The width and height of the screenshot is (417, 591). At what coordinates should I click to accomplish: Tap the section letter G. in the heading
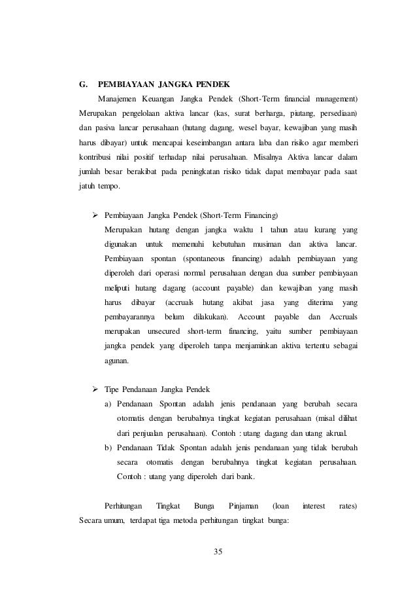(82, 84)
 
